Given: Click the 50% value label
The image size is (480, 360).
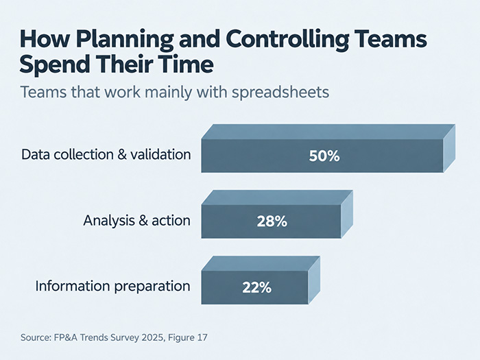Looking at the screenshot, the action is (x=324, y=156).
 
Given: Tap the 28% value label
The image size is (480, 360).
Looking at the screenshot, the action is (x=272, y=221).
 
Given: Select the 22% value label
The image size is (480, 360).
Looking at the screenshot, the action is (x=256, y=287).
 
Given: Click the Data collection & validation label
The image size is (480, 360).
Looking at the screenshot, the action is (x=106, y=154).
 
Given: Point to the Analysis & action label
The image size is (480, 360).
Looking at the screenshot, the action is (x=137, y=220).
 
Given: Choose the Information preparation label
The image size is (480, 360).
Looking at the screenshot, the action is (x=112, y=287).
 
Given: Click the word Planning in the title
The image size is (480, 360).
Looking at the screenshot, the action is (x=125, y=40).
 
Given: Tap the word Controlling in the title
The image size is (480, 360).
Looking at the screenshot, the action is (x=287, y=40).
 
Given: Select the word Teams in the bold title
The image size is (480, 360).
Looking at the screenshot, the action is (x=392, y=38).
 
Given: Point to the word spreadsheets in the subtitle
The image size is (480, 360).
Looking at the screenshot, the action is (x=280, y=93).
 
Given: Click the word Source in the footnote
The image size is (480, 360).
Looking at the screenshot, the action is (x=36, y=337).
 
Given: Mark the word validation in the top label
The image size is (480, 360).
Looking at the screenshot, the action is (x=160, y=154).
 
